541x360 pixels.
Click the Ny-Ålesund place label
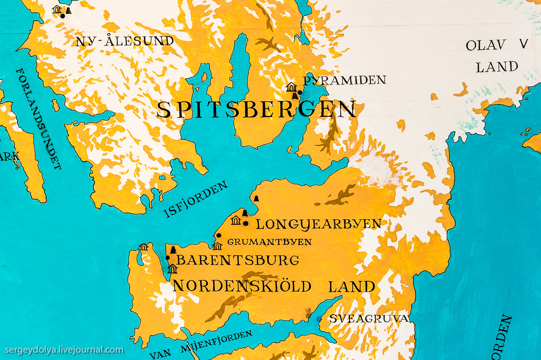(x=124, y=41)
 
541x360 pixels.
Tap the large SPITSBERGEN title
(x=256, y=109)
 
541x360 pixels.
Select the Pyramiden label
(x=344, y=80)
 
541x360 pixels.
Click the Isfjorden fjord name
(x=196, y=199)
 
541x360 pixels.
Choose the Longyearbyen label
(x=318, y=224)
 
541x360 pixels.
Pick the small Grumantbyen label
(x=269, y=241)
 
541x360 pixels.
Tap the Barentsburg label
(x=238, y=260)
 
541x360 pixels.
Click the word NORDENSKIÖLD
(x=241, y=286)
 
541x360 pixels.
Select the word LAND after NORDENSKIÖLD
(x=352, y=286)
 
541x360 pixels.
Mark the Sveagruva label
(x=369, y=318)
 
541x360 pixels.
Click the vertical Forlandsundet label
(x=39, y=119)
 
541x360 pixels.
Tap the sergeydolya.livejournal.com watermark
(x=64, y=350)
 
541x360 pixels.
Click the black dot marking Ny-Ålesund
(x=62, y=16)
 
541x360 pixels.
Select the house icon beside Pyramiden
(x=291, y=88)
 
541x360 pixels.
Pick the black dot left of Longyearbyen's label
(x=245, y=223)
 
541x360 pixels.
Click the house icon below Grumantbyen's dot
(x=217, y=245)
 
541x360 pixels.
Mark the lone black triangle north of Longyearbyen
(x=256, y=198)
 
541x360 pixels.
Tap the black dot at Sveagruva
(x=319, y=319)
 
